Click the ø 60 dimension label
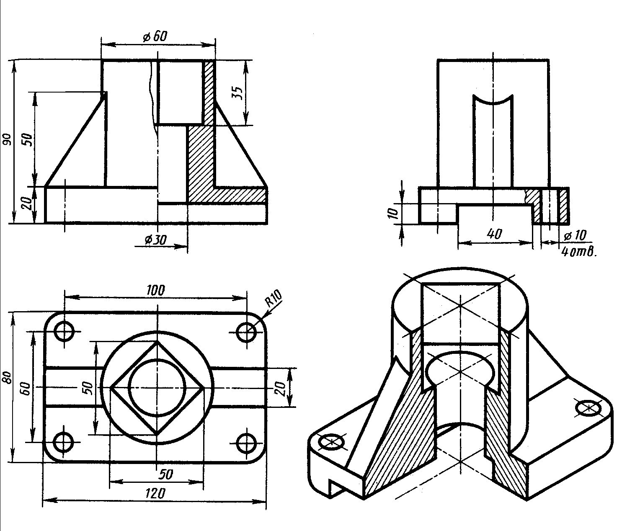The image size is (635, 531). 155,37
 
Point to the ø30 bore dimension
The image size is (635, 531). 155,240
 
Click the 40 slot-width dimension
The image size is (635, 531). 494,234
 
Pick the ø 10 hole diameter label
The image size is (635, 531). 575,235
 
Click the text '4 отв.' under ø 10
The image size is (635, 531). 578,252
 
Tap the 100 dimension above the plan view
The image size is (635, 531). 156,290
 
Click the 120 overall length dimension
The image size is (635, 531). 155,493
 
